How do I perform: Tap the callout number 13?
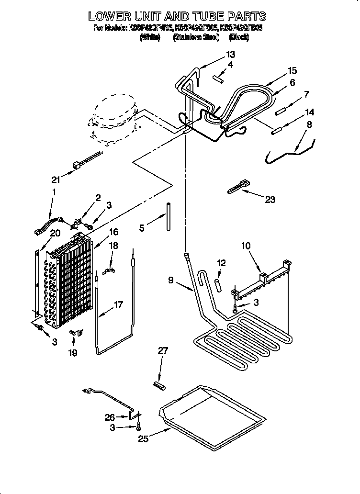pos(231,54)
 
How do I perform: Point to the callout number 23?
pos(270,199)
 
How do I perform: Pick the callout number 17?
pos(118,304)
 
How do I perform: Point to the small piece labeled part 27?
pos(158,384)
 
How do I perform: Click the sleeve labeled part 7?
pos(281,111)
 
